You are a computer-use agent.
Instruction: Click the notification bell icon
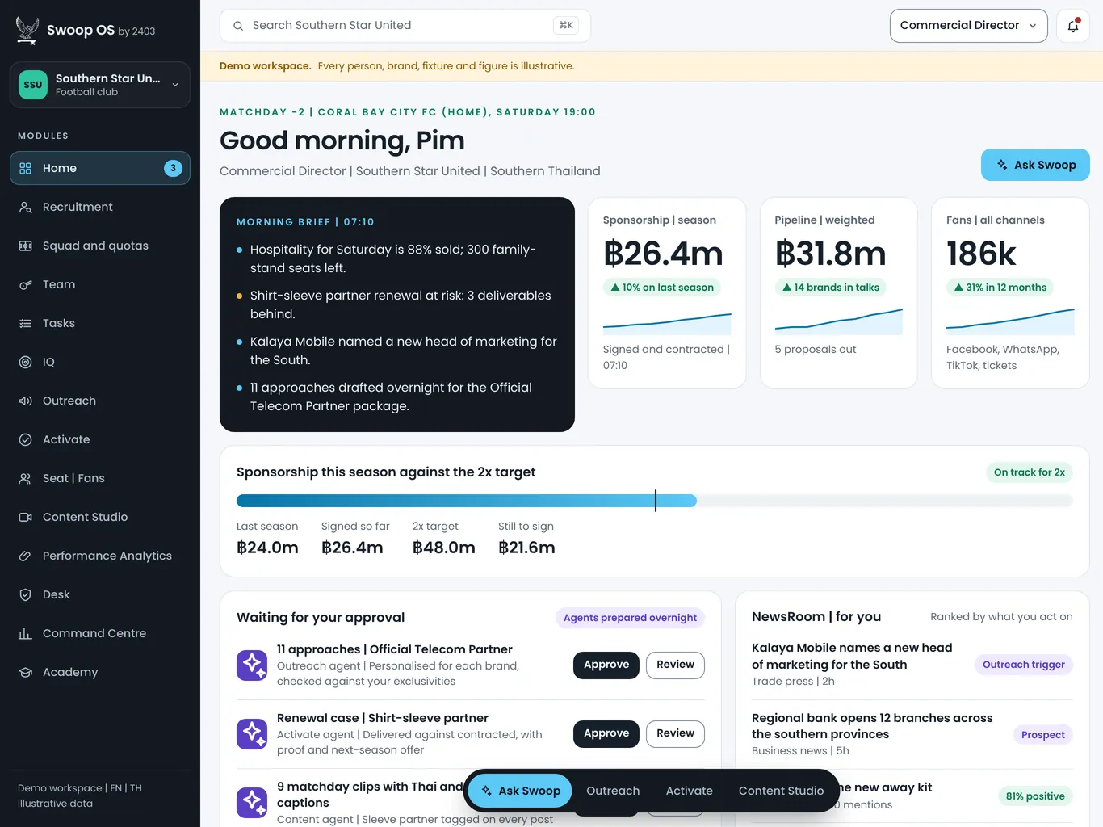[1073, 26]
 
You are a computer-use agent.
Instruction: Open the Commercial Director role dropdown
[968, 26]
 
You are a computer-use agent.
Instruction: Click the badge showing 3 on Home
[173, 168]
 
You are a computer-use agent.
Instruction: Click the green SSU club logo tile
[33, 85]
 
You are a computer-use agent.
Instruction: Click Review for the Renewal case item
[675, 733]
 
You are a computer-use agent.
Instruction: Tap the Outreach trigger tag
[1023, 664]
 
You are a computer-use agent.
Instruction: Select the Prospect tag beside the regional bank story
[1042, 735]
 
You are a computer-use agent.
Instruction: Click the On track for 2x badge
[1030, 472]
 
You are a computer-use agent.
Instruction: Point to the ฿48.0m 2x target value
[444, 547]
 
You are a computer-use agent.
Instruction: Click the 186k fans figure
[981, 254]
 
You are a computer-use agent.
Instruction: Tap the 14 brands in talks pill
[831, 288]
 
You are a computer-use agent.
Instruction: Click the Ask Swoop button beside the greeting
[1035, 165]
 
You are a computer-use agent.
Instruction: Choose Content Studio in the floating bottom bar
[781, 791]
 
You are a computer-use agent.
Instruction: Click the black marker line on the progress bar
[656, 501]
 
